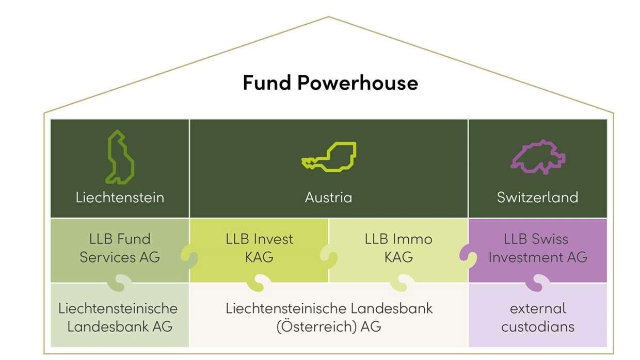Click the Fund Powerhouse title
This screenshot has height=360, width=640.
(330, 83)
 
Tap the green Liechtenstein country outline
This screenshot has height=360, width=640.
(120, 157)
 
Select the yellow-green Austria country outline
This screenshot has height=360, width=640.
(329, 156)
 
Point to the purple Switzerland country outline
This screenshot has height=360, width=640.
(538, 157)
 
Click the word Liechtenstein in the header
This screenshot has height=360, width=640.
(120, 198)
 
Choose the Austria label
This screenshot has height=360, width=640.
(329, 198)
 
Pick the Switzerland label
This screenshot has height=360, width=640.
(537, 198)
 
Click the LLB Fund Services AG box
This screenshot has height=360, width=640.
(120, 248)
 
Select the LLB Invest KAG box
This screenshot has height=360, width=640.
(259, 248)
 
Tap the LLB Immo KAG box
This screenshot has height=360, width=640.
(398, 248)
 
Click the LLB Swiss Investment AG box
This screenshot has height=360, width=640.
(538, 248)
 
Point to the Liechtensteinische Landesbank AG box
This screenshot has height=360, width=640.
(120, 317)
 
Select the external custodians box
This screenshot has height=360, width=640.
(538, 317)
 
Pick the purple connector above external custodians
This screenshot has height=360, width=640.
(538, 283)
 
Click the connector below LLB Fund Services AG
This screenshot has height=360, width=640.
(120, 283)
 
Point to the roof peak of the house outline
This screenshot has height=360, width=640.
(329, 17)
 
